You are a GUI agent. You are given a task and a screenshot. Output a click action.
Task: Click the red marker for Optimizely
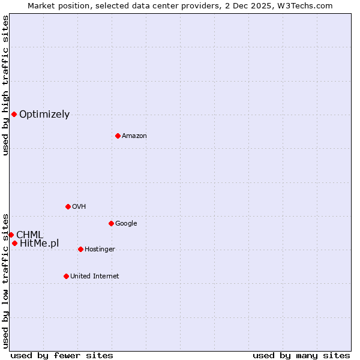click(x=14, y=114)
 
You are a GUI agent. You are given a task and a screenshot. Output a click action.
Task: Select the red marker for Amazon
click(x=118, y=136)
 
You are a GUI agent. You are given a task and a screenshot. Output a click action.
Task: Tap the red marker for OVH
click(x=68, y=206)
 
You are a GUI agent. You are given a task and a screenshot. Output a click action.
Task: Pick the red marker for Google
click(x=111, y=223)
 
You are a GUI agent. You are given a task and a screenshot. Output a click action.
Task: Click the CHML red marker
click(x=11, y=235)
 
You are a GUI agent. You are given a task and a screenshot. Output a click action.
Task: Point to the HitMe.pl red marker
click(x=14, y=243)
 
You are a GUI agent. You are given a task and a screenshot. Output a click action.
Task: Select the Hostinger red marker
click(x=80, y=249)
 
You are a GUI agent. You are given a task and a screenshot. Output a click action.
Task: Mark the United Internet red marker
click(x=66, y=276)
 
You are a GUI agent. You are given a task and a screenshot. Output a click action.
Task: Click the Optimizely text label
click(x=44, y=115)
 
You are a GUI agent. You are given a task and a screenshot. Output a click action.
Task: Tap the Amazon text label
click(x=134, y=136)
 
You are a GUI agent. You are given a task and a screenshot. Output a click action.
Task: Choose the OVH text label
click(x=79, y=207)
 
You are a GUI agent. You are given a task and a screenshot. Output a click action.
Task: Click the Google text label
click(x=126, y=224)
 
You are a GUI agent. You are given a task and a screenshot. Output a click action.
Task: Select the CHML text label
click(x=29, y=235)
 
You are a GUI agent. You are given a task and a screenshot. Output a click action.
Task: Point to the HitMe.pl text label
click(x=40, y=243)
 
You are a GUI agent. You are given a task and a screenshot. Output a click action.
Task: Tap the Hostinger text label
click(x=100, y=250)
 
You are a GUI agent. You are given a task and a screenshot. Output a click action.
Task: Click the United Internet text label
click(x=94, y=277)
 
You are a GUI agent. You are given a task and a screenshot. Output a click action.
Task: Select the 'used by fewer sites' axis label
click(x=62, y=355)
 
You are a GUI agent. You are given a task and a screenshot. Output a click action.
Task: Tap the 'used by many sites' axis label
click(x=301, y=355)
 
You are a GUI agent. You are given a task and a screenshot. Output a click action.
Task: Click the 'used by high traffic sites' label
click(x=5, y=86)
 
